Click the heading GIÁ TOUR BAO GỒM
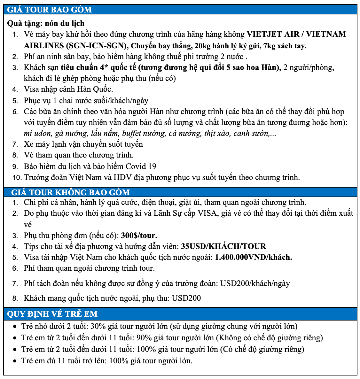click(50, 10)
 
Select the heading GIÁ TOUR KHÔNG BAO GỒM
click(70, 192)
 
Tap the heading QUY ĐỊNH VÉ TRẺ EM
click(52, 314)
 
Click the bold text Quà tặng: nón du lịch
click(46, 23)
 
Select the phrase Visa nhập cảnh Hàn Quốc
click(68, 89)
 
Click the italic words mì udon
click(37, 133)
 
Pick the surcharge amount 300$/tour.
click(139, 236)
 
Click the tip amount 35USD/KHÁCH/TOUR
click(223, 246)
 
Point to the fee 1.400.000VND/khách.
click(254, 257)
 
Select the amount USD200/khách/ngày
click(255, 283)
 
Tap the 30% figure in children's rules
click(97, 326)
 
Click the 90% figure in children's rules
click(142, 338)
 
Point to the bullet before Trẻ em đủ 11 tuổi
click(15, 361)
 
